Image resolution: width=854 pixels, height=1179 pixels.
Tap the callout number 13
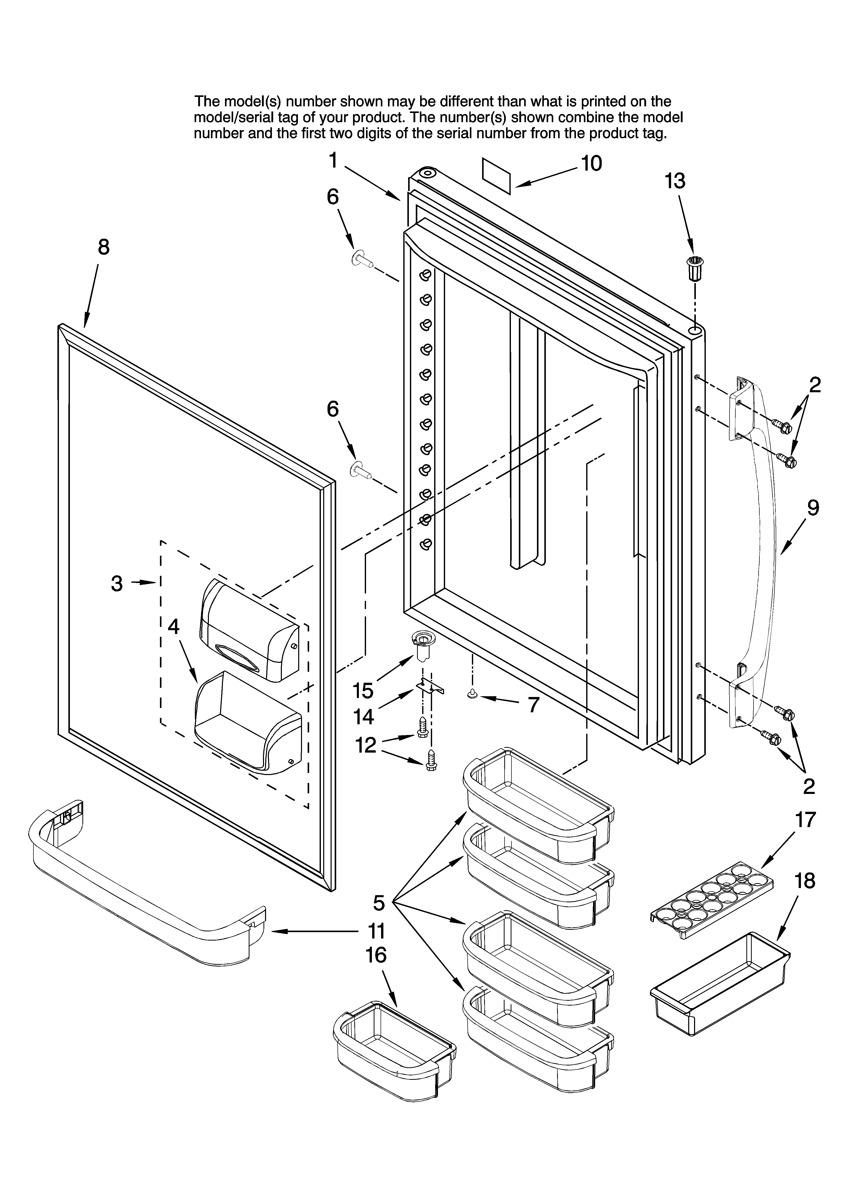pos(675,181)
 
